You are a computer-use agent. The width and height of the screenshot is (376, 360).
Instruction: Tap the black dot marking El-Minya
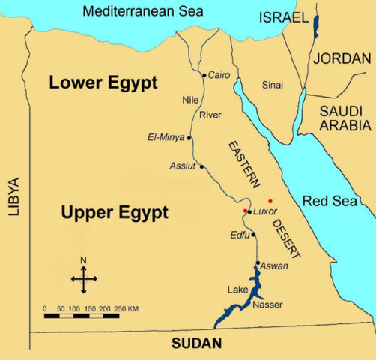(x=190, y=138)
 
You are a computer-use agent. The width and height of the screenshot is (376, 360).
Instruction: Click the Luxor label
(x=265, y=211)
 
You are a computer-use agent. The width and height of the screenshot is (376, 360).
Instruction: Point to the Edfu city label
(x=240, y=235)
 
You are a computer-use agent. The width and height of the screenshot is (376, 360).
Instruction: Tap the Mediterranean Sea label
(x=133, y=11)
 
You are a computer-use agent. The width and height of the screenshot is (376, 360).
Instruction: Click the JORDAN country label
(x=343, y=58)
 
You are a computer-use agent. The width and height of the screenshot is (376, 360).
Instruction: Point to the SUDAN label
(x=197, y=344)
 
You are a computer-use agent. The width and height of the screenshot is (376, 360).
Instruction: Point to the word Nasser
(x=267, y=304)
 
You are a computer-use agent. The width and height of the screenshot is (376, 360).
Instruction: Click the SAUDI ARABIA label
(x=342, y=117)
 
